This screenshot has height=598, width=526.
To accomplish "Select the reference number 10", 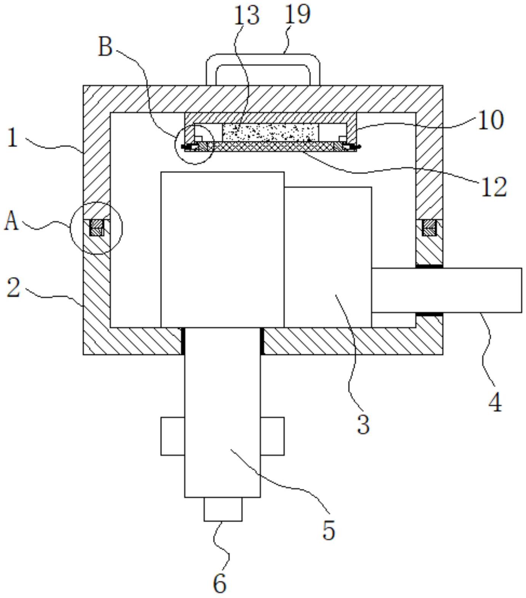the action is click(491, 120).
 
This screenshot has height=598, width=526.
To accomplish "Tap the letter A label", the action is click(11, 221).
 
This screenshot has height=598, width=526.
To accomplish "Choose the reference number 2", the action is click(13, 288).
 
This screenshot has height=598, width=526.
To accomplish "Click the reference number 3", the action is click(363, 424).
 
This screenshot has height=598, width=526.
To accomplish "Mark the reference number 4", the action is click(495, 402).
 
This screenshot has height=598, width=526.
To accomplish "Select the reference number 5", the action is click(329, 530).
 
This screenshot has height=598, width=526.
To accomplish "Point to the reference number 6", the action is click(220, 583).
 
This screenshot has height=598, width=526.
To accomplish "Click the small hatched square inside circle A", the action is click(96, 228).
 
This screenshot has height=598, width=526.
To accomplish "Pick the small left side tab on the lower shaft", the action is click(173, 436).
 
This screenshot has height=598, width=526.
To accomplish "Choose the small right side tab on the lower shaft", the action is click(272, 436).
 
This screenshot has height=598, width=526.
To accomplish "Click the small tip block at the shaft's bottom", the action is click(223, 509).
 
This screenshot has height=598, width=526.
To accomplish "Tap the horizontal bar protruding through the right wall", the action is click(446, 290).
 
